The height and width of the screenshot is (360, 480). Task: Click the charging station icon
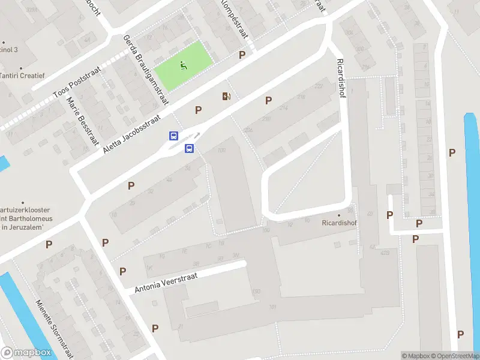(x=226, y=96)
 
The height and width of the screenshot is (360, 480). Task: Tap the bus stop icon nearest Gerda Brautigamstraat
(x=174, y=136)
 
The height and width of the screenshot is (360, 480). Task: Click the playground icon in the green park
(x=183, y=66)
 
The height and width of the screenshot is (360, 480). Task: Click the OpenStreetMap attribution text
(x=454, y=356)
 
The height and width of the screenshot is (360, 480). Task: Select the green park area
(x=192, y=57)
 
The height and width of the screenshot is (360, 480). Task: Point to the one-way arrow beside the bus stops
(x=196, y=135)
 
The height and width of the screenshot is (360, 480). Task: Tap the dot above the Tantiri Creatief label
(x=20, y=68)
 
